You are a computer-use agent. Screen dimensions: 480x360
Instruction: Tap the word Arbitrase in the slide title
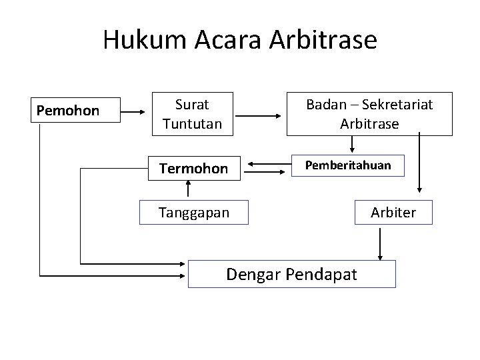click(323, 41)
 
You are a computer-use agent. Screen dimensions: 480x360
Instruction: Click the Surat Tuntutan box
click(192, 114)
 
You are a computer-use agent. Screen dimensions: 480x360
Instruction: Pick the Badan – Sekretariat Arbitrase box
click(369, 114)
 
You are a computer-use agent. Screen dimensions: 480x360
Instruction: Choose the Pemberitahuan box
click(348, 165)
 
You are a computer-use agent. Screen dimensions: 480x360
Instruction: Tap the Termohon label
click(193, 169)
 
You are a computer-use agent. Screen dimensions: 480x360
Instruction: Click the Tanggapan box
click(193, 213)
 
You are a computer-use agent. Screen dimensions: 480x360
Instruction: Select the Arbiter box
click(393, 213)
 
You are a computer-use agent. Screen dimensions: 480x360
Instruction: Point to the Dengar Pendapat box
click(291, 274)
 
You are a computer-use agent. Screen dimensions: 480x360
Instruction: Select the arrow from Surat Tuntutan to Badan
click(260, 116)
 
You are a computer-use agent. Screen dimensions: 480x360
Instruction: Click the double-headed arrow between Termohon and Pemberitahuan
click(266, 163)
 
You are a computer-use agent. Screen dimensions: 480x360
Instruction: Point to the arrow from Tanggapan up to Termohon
click(188, 189)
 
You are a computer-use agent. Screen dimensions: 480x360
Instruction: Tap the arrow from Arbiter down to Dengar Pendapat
click(380, 244)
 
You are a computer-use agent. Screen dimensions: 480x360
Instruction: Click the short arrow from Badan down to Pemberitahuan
click(352, 145)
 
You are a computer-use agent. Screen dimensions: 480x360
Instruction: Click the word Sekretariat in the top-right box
click(398, 105)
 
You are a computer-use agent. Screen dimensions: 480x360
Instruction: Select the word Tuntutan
click(192, 124)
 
